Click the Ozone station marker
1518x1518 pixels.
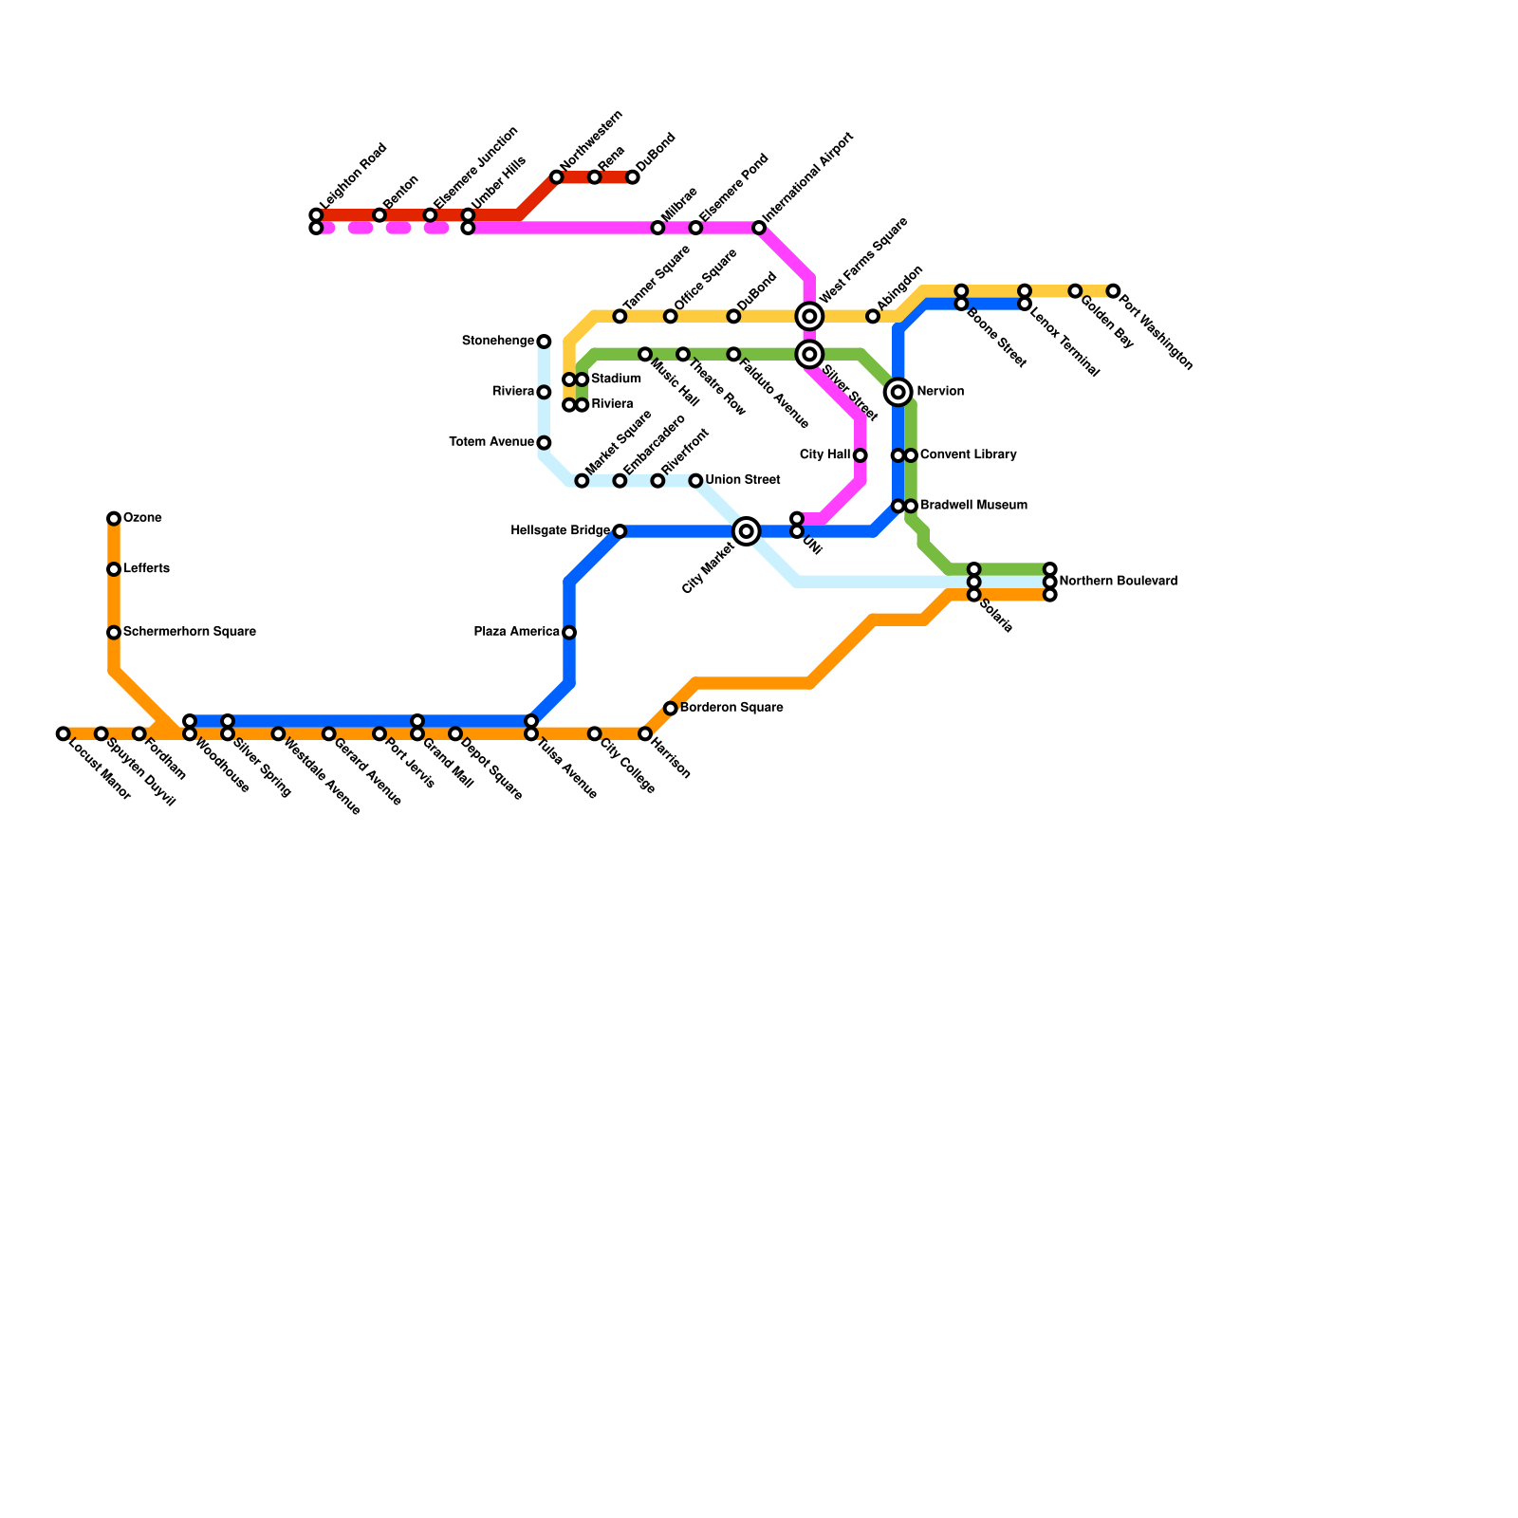[114, 519]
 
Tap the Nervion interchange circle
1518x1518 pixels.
[898, 392]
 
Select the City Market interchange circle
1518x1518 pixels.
[747, 531]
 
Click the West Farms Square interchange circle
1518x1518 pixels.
[809, 316]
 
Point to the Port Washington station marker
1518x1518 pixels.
[1113, 291]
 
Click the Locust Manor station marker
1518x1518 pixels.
[63, 734]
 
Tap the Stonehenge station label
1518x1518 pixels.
[498, 341]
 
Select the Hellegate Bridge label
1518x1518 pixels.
[560, 530]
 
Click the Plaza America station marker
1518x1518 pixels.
[569, 633]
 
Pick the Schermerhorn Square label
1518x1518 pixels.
[190, 632]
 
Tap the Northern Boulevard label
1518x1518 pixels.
[1119, 581]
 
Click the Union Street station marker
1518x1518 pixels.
[695, 481]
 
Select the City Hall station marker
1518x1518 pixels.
[860, 455]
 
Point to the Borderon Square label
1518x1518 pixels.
[731, 708]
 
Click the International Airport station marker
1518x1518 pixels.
[759, 228]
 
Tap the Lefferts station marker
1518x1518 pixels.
[114, 569]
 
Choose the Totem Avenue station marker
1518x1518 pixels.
[544, 443]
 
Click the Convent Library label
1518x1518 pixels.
[968, 455]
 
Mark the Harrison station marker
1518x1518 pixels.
[645, 734]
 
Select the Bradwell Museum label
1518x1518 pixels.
[973, 506]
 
